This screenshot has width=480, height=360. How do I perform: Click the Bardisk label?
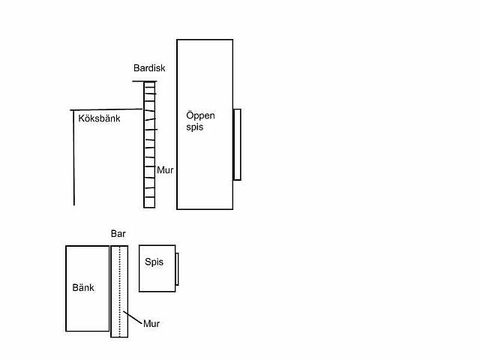[x=149, y=68]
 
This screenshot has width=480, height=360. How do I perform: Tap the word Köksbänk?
[x=99, y=118]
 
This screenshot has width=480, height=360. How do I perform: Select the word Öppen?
[x=200, y=116]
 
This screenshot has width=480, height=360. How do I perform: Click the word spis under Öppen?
[x=195, y=127]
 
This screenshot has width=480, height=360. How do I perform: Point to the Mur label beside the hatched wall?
[x=165, y=170]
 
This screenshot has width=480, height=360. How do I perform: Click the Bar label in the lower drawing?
[x=118, y=234]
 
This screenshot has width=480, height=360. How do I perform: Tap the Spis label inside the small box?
[x=154, y=262]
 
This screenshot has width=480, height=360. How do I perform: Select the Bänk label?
[x=83, y=288]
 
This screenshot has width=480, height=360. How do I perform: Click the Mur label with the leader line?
[x=151, y=323]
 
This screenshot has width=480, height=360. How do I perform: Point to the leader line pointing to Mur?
[x=133, y=318]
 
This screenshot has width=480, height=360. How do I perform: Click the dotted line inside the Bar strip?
[x=120, y=291]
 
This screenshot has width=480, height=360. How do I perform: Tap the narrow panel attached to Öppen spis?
[x=237, y=145]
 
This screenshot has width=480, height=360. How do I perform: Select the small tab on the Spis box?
[x=177, y=269]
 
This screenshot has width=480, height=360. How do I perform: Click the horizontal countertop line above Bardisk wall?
[x=145, y=82]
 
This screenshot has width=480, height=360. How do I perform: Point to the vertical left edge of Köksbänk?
[x=73, y=157]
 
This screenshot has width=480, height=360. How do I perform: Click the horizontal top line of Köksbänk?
[x=106, y=109]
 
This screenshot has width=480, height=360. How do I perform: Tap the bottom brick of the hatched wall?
[x=149, y=202]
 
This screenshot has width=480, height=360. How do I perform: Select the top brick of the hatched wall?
[x=149, y=85]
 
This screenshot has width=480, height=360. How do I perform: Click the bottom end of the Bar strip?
[x=119, y=337]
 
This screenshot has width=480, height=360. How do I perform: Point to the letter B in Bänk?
[x=75, y=288]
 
